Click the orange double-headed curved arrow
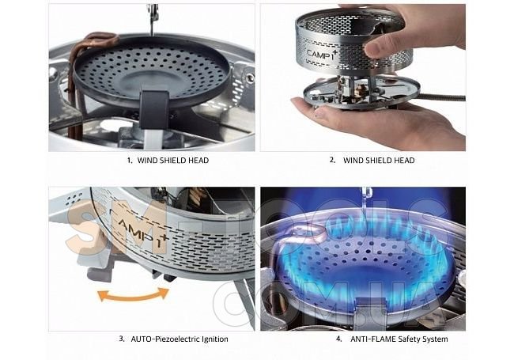[134, 296]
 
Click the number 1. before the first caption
[130, 161]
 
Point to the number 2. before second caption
[333, 160]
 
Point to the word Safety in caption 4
[409, 339]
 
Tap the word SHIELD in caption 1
[168, 161]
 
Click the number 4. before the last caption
[339, 339]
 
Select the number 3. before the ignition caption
[122, 339]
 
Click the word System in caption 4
[435, 339]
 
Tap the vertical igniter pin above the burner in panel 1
[152, 20]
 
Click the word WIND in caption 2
[351, 161]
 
